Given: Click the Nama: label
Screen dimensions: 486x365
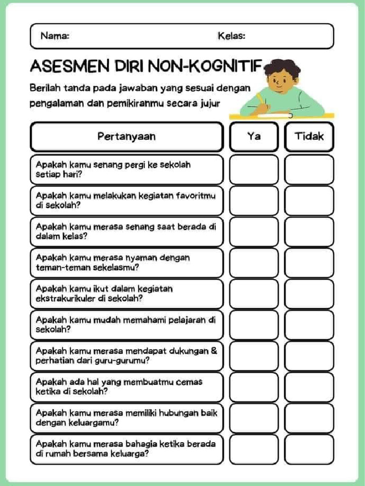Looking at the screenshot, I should pyautogui.click(x=55, y=36).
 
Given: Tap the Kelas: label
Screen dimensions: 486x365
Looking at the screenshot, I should pyautogui.click(x=231, y=36).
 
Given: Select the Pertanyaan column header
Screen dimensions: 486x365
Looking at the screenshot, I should pyautogui.click(x=126, y=137).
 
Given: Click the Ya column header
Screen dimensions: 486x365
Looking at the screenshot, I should pyautogui.click(x=254, y=137).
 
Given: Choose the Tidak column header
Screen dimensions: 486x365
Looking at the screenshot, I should pyautogui.click(x=309, y=137).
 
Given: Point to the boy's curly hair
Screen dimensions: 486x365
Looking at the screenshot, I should pyautogui.click(x=282, y=67).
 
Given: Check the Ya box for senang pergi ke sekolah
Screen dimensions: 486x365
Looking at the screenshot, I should pyautogui.click(x=254, y=169).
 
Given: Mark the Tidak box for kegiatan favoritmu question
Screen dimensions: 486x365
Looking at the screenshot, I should pyautogui.click(x=309, y=200).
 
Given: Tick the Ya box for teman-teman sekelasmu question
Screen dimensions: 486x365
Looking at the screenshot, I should pyautogui.click(x=254, y=262).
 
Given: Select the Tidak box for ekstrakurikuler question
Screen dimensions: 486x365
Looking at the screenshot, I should pyautogui.click(x=309, y=293).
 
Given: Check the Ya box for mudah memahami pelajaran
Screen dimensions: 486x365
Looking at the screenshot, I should pyautogui.click(x=254, y=325).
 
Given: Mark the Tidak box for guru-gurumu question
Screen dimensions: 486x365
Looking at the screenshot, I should pyautogui.click(x=309, y=355).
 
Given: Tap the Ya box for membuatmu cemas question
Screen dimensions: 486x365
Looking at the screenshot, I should pyautogui.click(x=254, y=387).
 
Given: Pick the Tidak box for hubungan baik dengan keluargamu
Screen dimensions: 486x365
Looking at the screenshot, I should pyautogui.click(x=309, y=418).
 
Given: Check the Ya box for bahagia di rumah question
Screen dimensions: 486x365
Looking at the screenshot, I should pyautogui.click(x=254, y=449).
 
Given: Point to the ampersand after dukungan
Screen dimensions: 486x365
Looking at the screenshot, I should pyautogui.click(x=213, y=351).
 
